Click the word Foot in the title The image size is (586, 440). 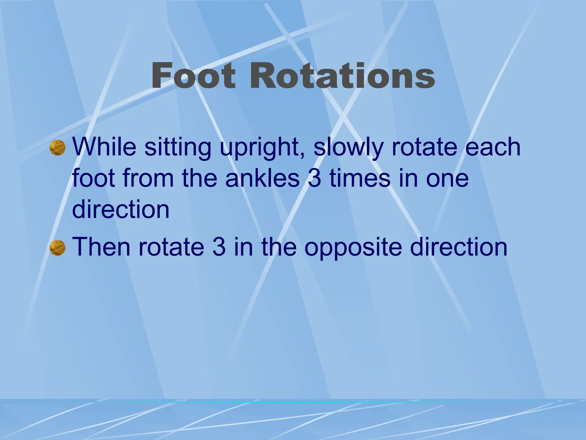coord(193,76)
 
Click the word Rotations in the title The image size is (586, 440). coord(342,76)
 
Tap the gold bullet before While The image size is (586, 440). coord(58,148)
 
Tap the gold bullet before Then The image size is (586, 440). coord(58,248)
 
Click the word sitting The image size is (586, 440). coord(178,148)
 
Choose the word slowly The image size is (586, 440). coord(348,148)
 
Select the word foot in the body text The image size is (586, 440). coord(94,178)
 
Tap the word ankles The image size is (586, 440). coord(262,178)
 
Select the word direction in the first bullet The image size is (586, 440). coord(121,209)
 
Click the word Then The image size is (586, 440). coord(101,247)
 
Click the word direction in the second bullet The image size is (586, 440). coord(459,247)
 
